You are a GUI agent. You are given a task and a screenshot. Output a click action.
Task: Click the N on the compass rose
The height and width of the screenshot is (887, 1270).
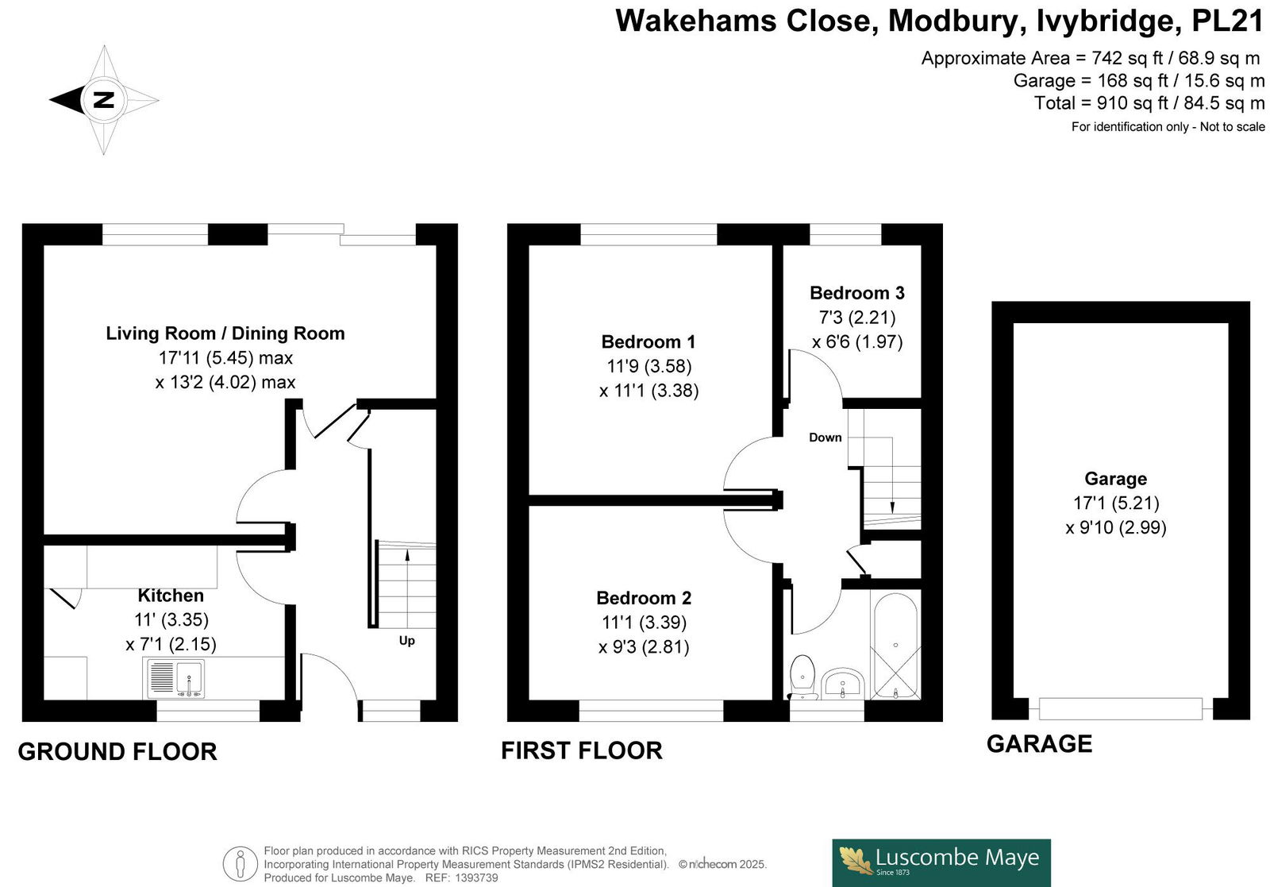click(x=104, y=100)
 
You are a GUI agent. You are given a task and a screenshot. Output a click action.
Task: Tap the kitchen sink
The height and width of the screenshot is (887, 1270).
click(x=175, y=678)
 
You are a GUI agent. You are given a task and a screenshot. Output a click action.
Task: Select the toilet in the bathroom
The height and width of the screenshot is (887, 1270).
click(x=802, y=677)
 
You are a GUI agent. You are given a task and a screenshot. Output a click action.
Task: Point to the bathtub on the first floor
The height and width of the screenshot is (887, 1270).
click(x=895, y=646)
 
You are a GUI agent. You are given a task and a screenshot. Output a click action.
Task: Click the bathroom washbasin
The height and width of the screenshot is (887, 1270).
click(x=842, y=683)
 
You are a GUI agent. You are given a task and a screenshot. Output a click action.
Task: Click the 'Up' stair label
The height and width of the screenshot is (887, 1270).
click(x=406, y=640)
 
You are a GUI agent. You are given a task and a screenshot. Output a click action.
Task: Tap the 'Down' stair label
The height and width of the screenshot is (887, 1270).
click(x=825, y=438)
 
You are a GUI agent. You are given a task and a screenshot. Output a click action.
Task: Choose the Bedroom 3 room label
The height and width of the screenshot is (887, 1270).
click(x=856, y=293)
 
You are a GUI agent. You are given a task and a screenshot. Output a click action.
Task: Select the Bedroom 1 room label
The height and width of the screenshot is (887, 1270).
click(x=648, y=341)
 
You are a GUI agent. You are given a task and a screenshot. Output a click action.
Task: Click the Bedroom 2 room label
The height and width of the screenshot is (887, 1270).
click(x=644, y=598)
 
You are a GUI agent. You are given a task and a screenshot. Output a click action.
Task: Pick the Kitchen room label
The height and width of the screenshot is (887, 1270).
click(x=171, y=595)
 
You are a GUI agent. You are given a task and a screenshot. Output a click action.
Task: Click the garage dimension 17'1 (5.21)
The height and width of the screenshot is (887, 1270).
click(x=1116, y=503)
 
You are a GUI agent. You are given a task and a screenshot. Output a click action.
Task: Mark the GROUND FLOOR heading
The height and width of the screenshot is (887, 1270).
click(x=117, y=751)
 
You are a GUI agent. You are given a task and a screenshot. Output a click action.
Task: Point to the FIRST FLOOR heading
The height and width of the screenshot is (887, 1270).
click(x=582, y=750)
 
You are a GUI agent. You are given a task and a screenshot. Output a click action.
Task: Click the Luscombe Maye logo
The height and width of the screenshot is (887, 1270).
click(x=941, y=862)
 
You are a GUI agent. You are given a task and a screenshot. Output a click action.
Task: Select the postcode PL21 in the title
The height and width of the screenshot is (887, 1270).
click(x=1228, y=21)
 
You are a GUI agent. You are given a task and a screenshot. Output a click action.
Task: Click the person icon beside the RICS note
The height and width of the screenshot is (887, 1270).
click(x=241, y=864)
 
